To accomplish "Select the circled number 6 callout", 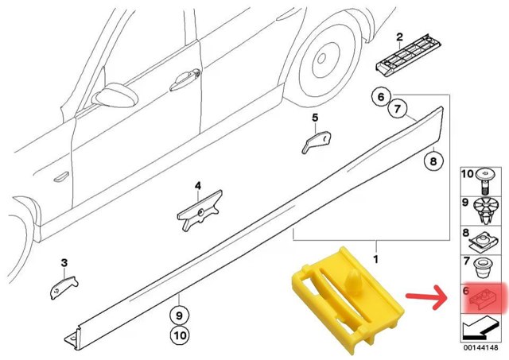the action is pyautogui.click(x=381, y=97).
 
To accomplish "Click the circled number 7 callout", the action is pyautogui.click(x=398, y=109).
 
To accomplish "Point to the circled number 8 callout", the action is pyautogui.click(x=433, y=161).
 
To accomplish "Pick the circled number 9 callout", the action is pyautogui.click(x=180, y=315).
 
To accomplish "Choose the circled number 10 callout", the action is pyautogui.click(x=181, y=335).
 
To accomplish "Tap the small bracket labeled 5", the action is pyautogui.click(x=317, y=141).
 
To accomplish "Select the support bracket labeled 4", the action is pyautogui.click(x=200, y=211).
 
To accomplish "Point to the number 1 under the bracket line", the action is pyautogui.click(x=376, y=259).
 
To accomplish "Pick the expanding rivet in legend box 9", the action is pyautogui.click(x=484, y=210).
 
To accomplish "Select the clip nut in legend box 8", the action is pyautogui.click(x=483, y=242).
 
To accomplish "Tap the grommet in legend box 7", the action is pyautogui.click(x=482, y=268).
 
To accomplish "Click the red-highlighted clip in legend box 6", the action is pyautogui.click(x=483, y=298).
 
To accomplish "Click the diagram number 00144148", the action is pyautogui.click(x=480, y=347).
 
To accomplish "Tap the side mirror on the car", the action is pyautogui.click(x=115, y=95).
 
